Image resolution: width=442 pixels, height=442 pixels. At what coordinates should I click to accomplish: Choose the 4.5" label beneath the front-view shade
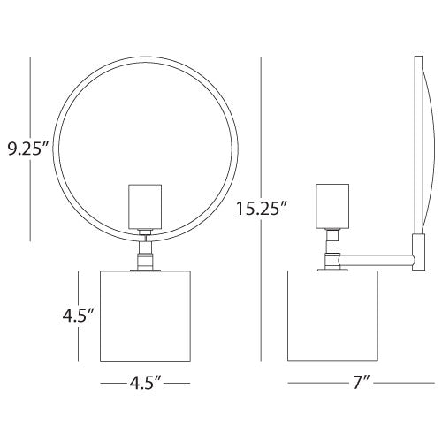(145, 384)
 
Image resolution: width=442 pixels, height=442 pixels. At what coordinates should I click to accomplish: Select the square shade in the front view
(145, 315)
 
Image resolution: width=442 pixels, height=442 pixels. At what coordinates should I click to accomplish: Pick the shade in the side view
(334, 315)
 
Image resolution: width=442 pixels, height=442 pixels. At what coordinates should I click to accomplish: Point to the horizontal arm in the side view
(376, 259)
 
